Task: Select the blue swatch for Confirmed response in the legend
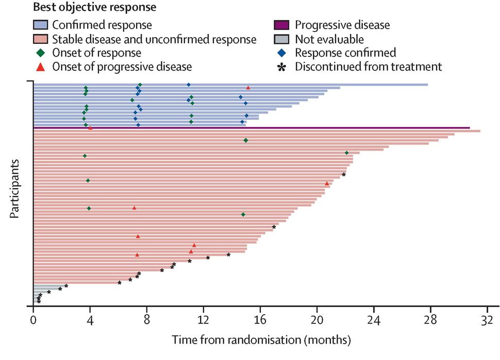[x=40, y=24]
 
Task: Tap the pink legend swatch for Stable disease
[x=40, y=39]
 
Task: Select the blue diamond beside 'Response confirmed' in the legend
[x=281, y=53]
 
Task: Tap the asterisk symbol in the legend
[x=281, y=67]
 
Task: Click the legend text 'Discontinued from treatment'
[x=369, y=67]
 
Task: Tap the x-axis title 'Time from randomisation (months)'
[x=261, y=340]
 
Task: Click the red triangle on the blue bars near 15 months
[x=248, y=88]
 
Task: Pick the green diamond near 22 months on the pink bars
[x=346, y=153]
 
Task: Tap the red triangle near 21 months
[x=327, y=183]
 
